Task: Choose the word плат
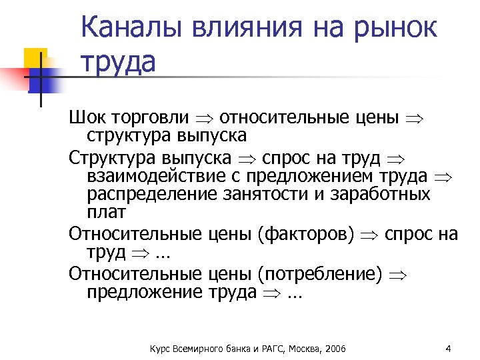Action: (x=105, y=213)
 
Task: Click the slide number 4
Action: (x=448, y=349)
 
